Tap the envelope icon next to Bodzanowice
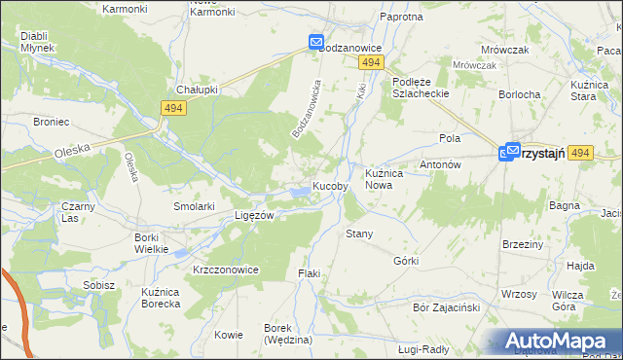pyautogui.click(x=316, y=43)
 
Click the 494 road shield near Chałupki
pyautogui.click(x=174, y=109)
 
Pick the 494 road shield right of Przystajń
pyautogui.click(x=580, y=153)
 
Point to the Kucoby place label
pyautogui.click(x=331, y=186)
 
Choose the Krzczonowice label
pyautogui.click(x=225, y=270)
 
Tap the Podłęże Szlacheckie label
pyautogui.click(x=418, y=87)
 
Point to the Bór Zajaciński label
pyautogui.click(x=447, y=307)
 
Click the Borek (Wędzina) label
pyautogui.click(x=287, y=334)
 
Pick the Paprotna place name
pyautogui.click(x=402, y=18)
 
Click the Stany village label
pyautogui.click(x=360, y=234)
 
